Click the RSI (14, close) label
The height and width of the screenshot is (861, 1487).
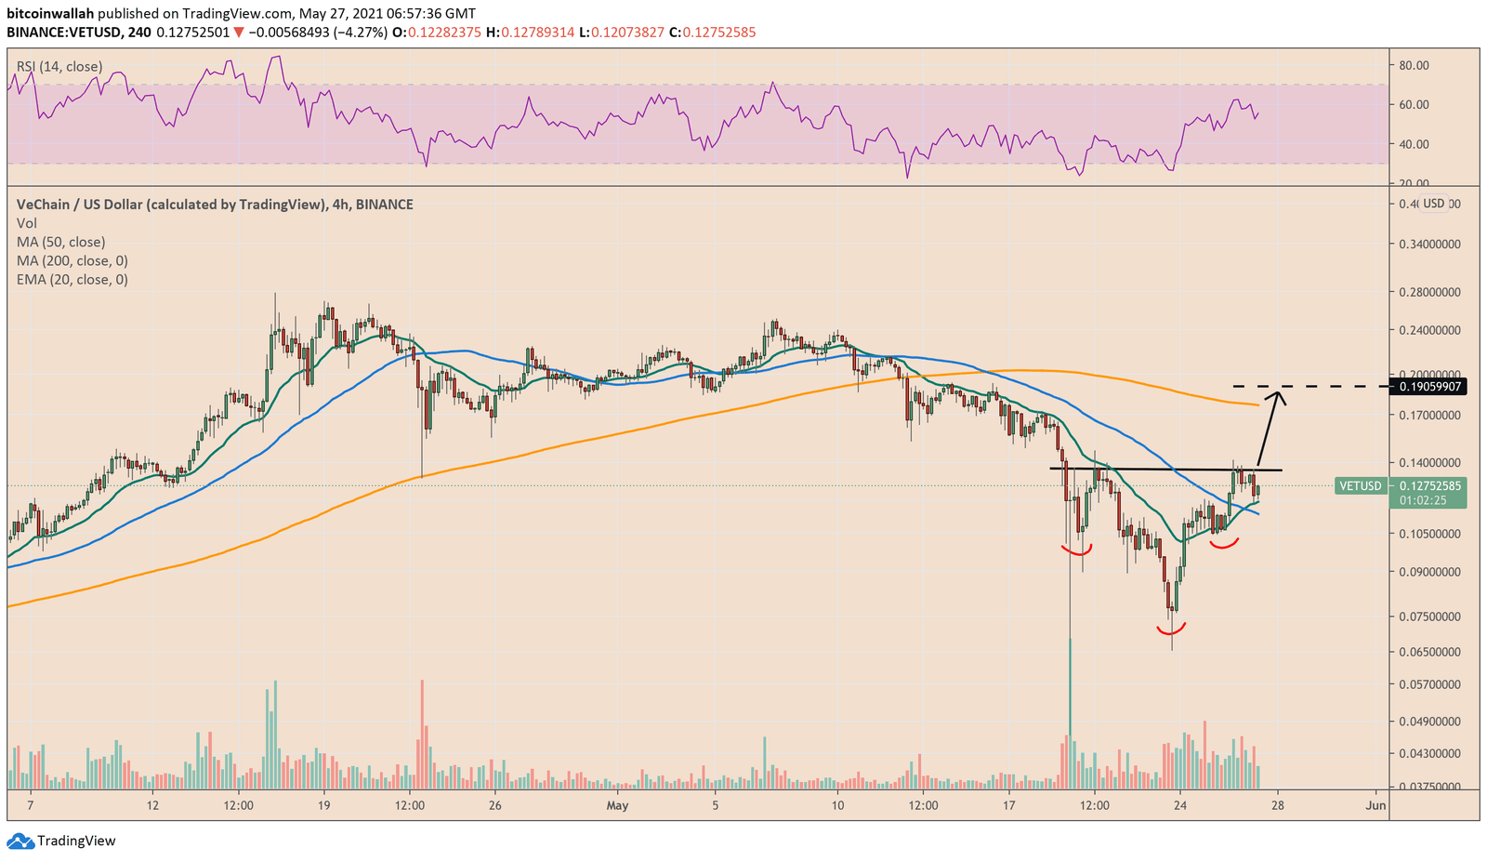[x=59, y=67]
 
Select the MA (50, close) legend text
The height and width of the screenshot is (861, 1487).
[x=60, y=242]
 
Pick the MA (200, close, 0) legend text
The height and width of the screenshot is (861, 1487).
[x=72, y=260]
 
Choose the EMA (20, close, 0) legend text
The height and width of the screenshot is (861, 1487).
[x=72, y=279]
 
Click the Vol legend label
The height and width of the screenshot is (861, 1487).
[x=26, y=223]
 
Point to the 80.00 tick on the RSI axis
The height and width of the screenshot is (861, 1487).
[x=1414, y=65]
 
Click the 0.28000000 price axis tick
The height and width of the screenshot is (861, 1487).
[x=1429, y=292]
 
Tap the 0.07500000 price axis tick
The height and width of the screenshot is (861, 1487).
[x=1429, y=616]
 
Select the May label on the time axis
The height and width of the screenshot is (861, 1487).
[x=617, y=805]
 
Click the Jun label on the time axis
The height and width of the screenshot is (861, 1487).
[x=1376, y=805]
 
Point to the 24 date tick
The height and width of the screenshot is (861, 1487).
[x=1179, y=805]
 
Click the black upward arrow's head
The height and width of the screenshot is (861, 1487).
[x=1280, y=395]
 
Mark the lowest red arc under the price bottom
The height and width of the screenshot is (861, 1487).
[x=1172, y=631]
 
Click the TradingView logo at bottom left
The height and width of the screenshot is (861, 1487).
[x=62, y=841]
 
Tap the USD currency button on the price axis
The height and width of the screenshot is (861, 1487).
[x=1434, y=204]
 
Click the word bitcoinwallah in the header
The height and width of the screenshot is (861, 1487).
[x=49, y=14]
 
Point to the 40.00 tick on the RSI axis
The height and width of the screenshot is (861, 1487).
[x=1414, y=144]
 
